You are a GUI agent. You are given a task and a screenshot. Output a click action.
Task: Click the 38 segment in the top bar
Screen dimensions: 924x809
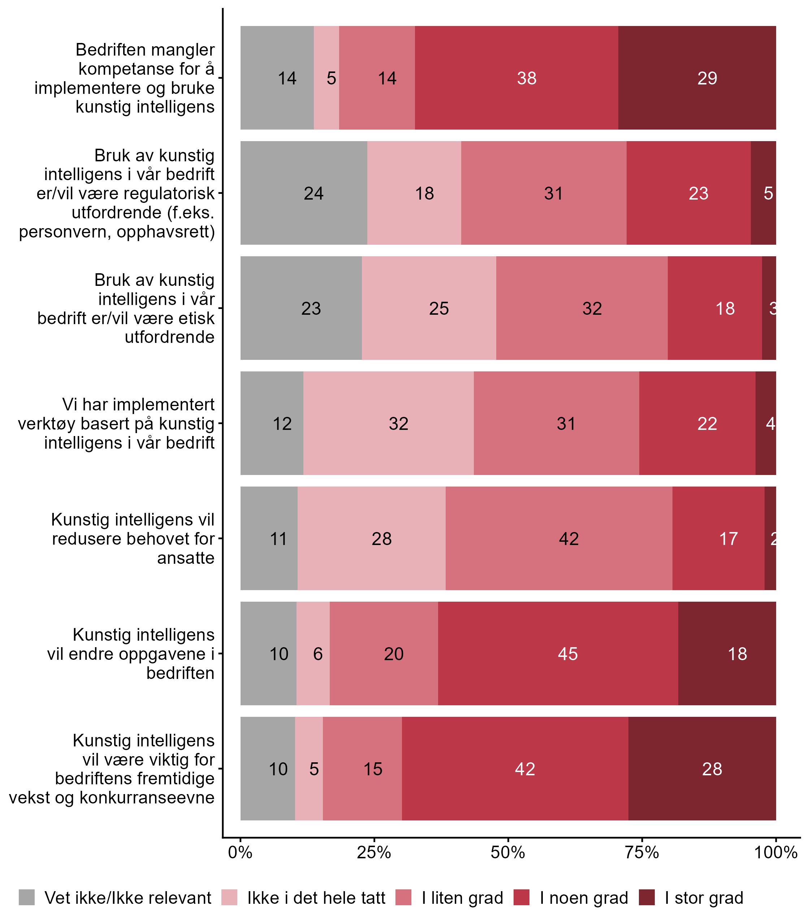516,78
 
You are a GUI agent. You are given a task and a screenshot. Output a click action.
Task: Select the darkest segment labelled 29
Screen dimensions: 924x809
697,78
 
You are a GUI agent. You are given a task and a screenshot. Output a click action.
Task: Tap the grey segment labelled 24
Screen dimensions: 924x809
304,193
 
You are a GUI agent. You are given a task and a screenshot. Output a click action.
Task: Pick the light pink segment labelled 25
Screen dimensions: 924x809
429,308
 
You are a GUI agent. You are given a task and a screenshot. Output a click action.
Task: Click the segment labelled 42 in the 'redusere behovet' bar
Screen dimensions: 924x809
559,538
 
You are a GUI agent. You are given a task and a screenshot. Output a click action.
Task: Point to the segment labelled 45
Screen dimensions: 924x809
558,653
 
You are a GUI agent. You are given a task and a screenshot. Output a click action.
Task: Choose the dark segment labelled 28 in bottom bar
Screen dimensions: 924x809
702,768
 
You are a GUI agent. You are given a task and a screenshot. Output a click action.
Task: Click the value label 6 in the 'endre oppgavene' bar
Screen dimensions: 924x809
318,654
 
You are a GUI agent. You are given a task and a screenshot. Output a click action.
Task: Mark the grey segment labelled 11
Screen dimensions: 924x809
269,538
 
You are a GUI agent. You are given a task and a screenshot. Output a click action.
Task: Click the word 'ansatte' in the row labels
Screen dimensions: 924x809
186,558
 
